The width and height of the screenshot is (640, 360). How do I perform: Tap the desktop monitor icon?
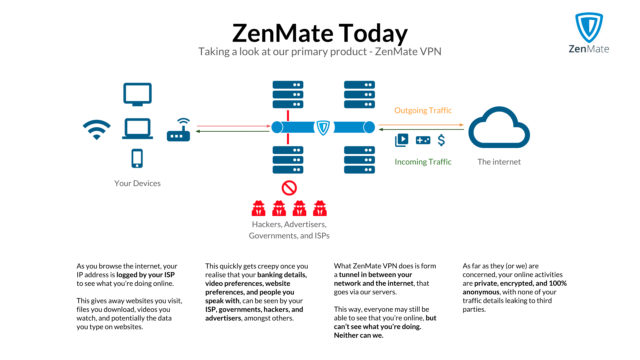(x=137, y=94)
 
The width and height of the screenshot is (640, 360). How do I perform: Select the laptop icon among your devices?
(x=137, y=129)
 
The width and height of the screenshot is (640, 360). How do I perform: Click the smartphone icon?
(x=137, y=158)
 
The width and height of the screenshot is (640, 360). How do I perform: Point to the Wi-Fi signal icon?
(x=97, y=129)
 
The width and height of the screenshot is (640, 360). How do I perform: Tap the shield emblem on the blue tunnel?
(x=323, y=127)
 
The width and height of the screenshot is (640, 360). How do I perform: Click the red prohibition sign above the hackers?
(x=289, y=188)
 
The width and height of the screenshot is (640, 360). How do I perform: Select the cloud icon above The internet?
(x=499, y=128)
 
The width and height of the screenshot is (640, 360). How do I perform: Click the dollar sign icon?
(x=441, y=140)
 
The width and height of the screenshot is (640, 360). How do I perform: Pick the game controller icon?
(x=423, y=140)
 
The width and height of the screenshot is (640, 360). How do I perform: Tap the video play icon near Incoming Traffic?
(x=402, y=140)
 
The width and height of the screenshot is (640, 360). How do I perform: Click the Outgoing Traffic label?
(x=423, y=110)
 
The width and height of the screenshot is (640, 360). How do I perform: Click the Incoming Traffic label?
(x=423, y=162)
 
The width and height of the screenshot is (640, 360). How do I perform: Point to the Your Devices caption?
(x=137, y=183)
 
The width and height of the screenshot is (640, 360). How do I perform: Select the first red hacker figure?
(x=258, y=208)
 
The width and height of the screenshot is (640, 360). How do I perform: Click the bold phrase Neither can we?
(x=358, y=335)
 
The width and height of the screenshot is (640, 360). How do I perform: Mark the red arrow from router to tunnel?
(x=233, y=126)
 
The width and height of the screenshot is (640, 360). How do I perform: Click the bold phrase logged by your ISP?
(x=145, y=275)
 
